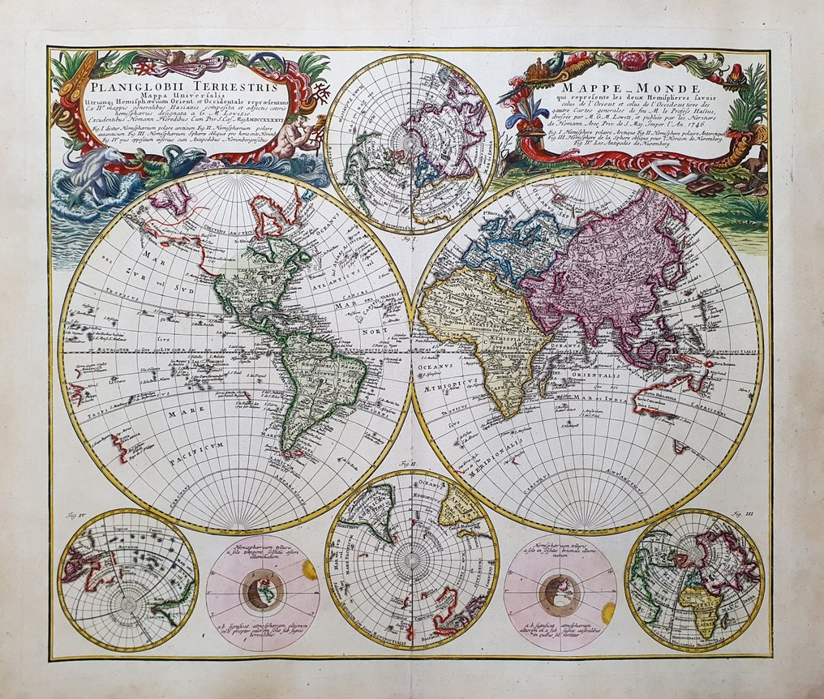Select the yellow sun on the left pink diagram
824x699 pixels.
point(310,570)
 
